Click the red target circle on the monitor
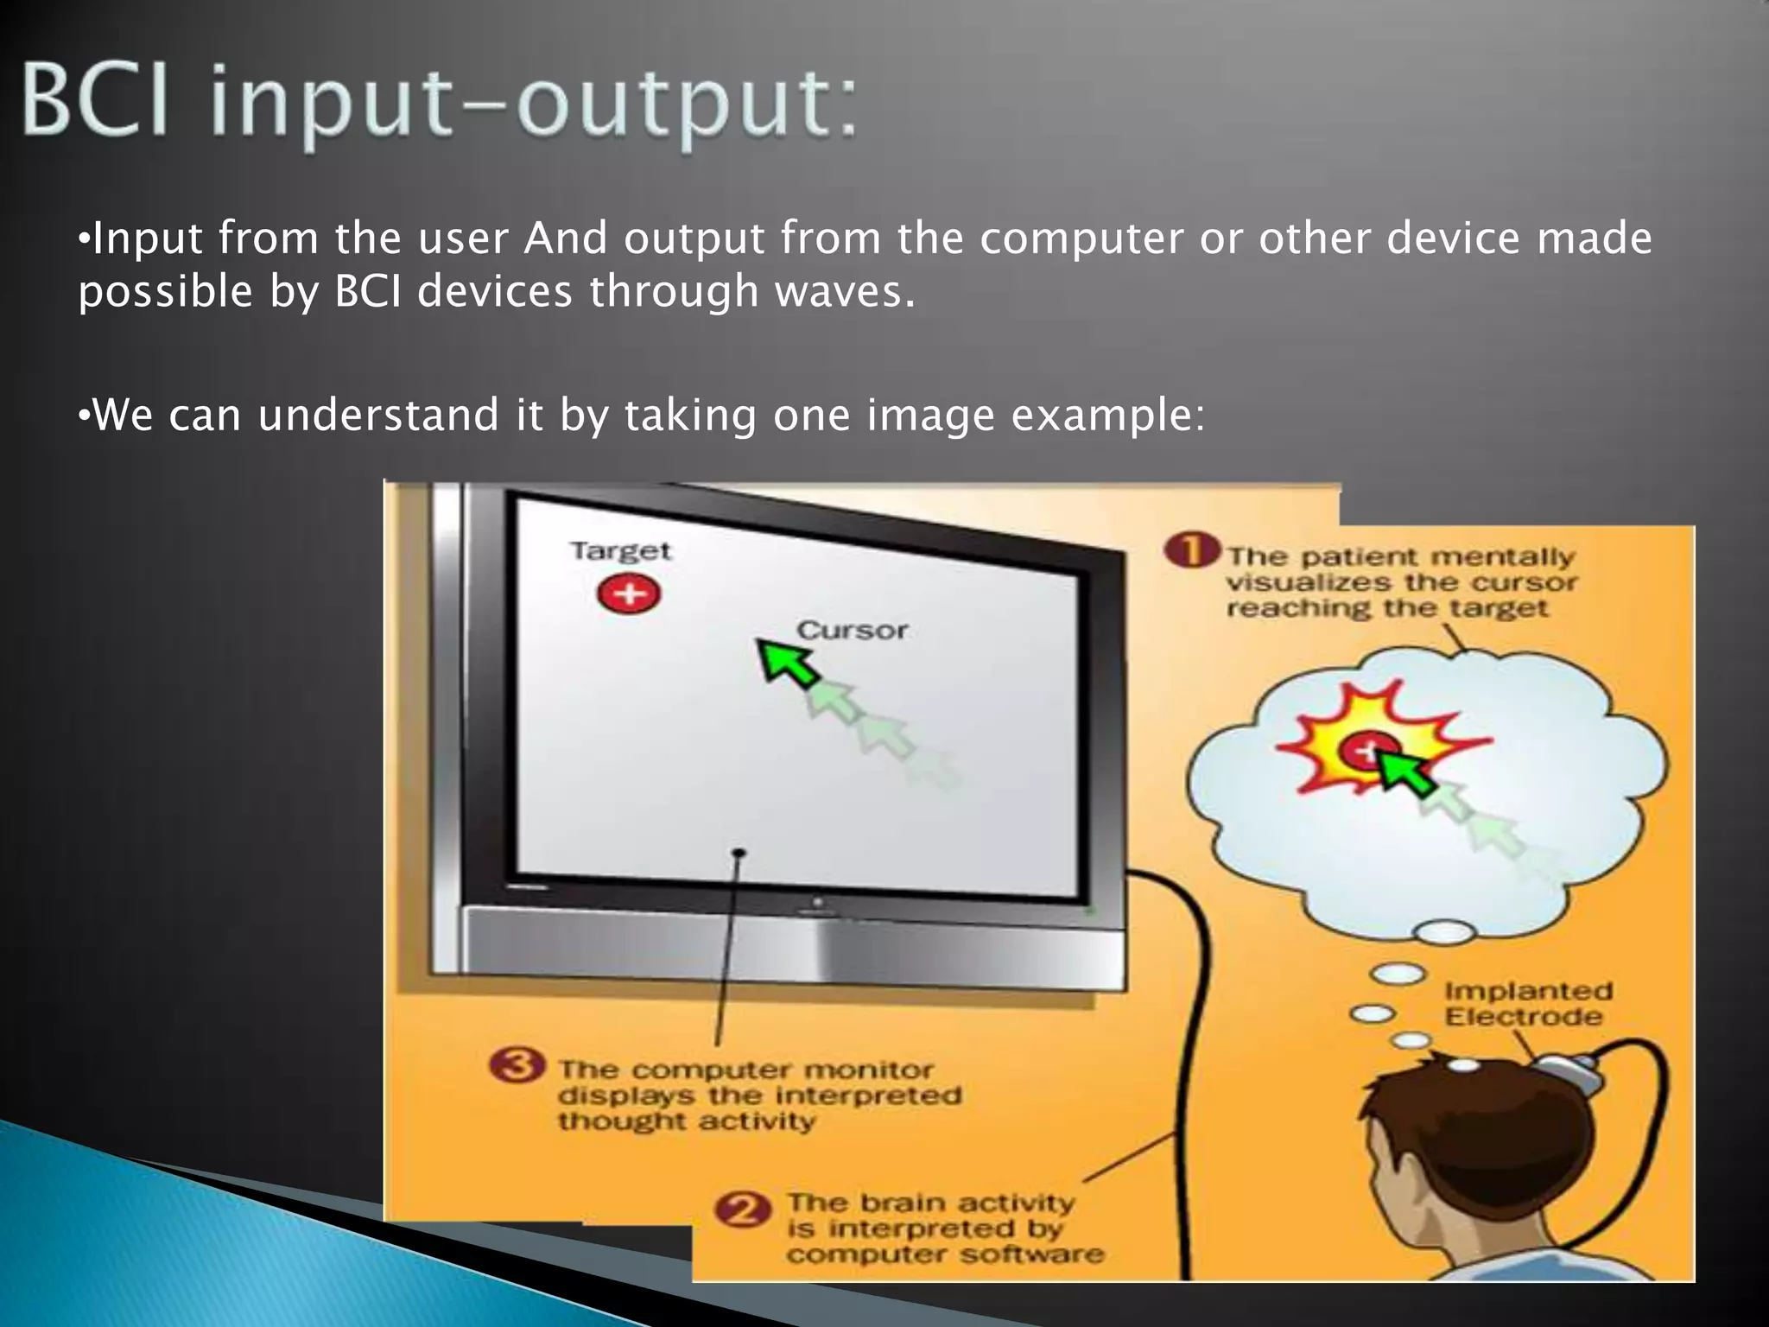coord(629,594)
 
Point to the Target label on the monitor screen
coord(620,551)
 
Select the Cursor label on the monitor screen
coord(852,631)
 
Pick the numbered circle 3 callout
coord(517,1064)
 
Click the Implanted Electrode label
coord(1527,1004)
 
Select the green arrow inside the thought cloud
coord(1403,771)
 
